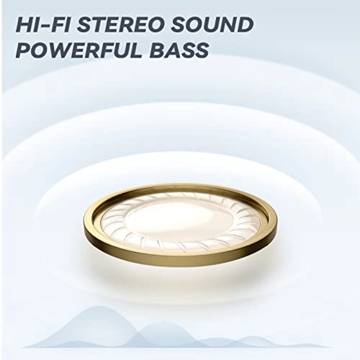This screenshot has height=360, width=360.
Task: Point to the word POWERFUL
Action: click(85, 51)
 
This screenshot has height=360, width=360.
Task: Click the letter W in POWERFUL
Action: click(61, 51)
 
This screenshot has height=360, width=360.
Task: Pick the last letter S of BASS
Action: click(203, 51)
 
